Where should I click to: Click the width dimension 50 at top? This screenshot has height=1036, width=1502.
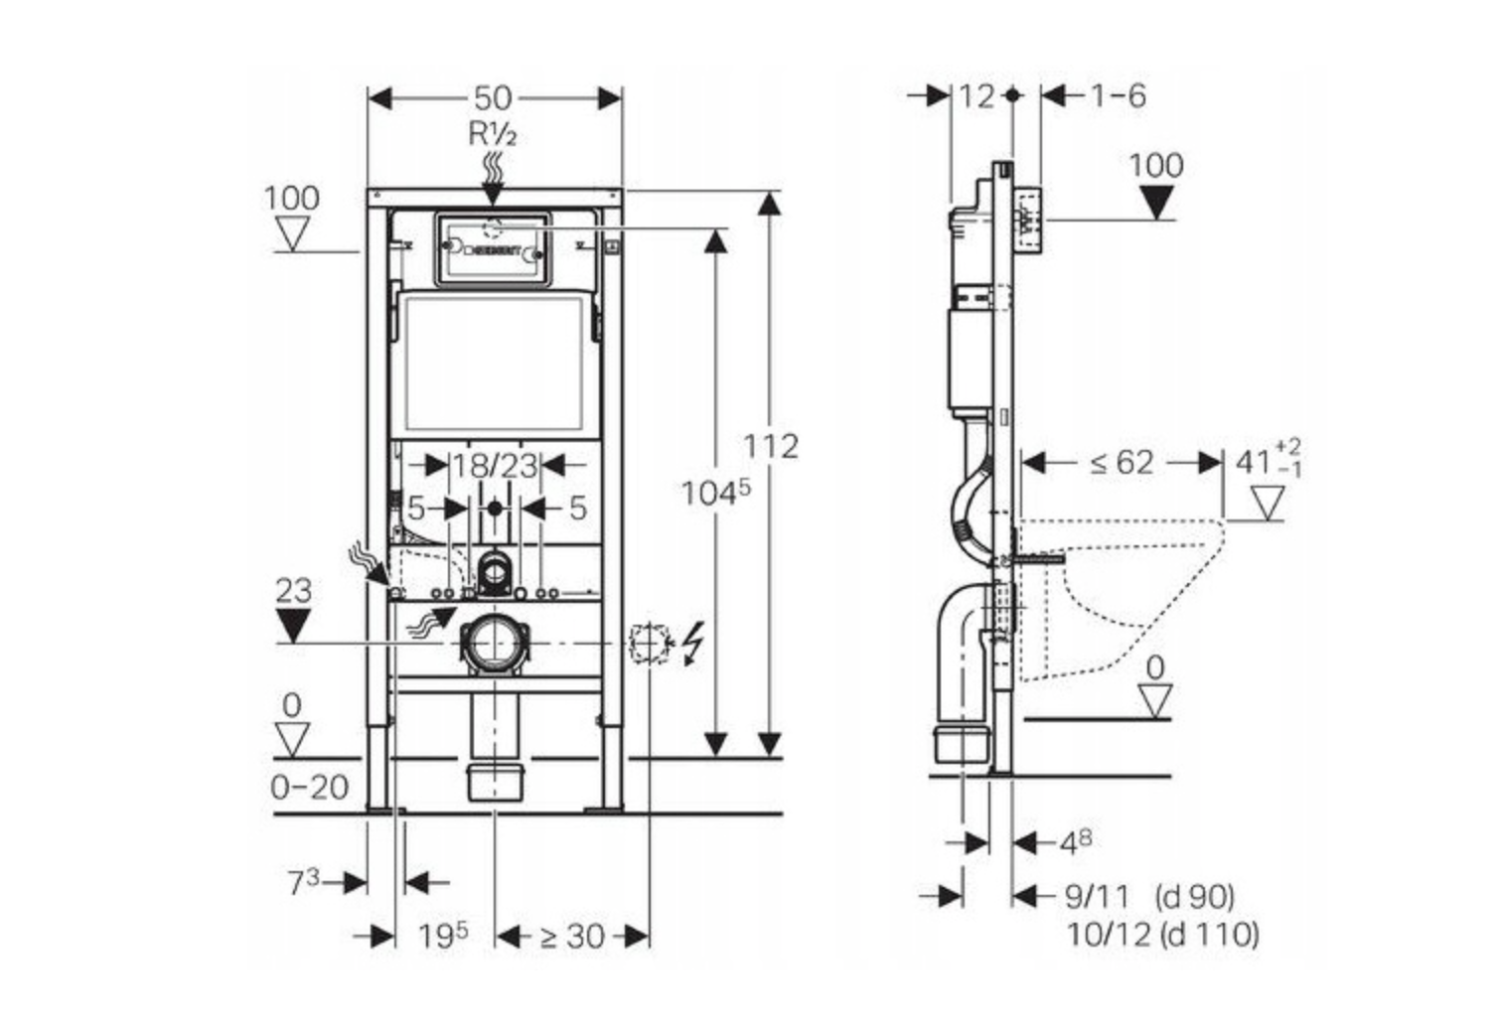click(x=493, y=97)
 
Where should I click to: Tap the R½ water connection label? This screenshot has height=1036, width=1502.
click(x=493, y=133)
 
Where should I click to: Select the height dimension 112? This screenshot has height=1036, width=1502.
click(x=771, y=446)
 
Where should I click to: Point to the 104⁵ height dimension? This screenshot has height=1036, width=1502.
click(x=715, y=492)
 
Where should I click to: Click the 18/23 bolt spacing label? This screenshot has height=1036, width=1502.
click(x=495, y=465)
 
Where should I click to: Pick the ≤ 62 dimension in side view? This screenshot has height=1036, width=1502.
click(x=1122, y=462)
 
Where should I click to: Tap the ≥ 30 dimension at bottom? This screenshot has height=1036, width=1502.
click(x=572, y=936)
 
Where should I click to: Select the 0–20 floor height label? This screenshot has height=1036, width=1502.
click(x=310, y=787)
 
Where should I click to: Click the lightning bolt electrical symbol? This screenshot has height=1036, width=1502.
click(x=692, y=642)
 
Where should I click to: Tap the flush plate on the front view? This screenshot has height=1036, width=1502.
click(x=492, y=249)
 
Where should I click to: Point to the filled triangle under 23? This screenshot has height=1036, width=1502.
click(x=293, y=626)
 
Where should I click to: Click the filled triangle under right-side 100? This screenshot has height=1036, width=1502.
click(x=1156, y=203)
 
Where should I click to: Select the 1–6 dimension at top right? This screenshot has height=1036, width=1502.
click(x=1118, y=95)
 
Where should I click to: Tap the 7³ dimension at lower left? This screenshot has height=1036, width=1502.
click(x=304, y=881)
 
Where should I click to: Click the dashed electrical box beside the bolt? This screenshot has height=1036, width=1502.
click(x=646, y=644)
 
